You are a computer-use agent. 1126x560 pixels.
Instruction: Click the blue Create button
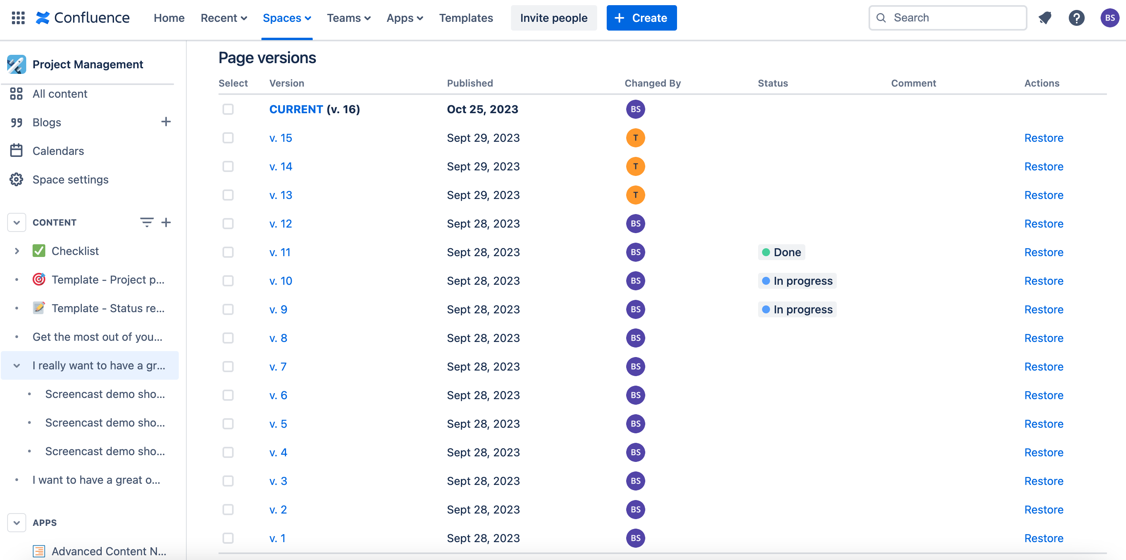coord(641,18)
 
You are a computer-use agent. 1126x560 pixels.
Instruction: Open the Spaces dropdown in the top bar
coord(286,18)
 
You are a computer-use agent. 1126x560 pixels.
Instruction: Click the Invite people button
coord(553,18)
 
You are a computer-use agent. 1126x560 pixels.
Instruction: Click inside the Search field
coord(953,18)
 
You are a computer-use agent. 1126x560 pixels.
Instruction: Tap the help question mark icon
coord(1076,18)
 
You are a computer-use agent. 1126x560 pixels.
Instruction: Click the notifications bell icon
coord(1045,18)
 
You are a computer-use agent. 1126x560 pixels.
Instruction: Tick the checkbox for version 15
coord(228,138)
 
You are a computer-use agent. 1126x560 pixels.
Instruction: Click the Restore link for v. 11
coord(1043,253)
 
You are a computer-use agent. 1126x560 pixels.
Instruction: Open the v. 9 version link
coord(278,310)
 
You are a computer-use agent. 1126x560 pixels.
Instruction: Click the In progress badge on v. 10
coord(797,281)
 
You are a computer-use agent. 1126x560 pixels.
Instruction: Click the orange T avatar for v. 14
coord(635,166)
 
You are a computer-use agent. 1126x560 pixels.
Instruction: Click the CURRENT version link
coord(296,109)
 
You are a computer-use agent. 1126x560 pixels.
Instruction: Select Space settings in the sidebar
coord(70,180)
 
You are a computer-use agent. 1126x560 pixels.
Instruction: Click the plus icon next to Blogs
coord(166,122)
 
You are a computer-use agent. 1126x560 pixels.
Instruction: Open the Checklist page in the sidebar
coord(75,251)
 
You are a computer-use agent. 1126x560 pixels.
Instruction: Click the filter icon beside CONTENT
coord(147,222)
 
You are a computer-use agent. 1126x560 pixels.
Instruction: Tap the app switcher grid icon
coord(18,18)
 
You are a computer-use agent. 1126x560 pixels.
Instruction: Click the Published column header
coord(470,83)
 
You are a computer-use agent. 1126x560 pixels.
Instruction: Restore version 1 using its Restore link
coord(1043,538)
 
